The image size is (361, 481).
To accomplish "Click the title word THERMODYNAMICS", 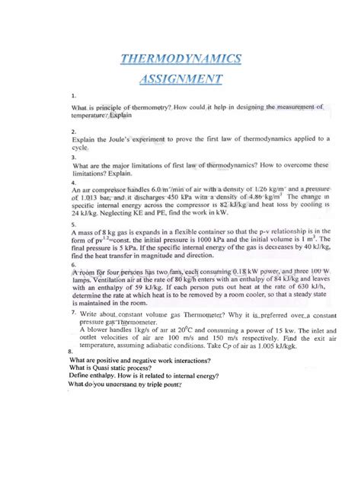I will [180, 59].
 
